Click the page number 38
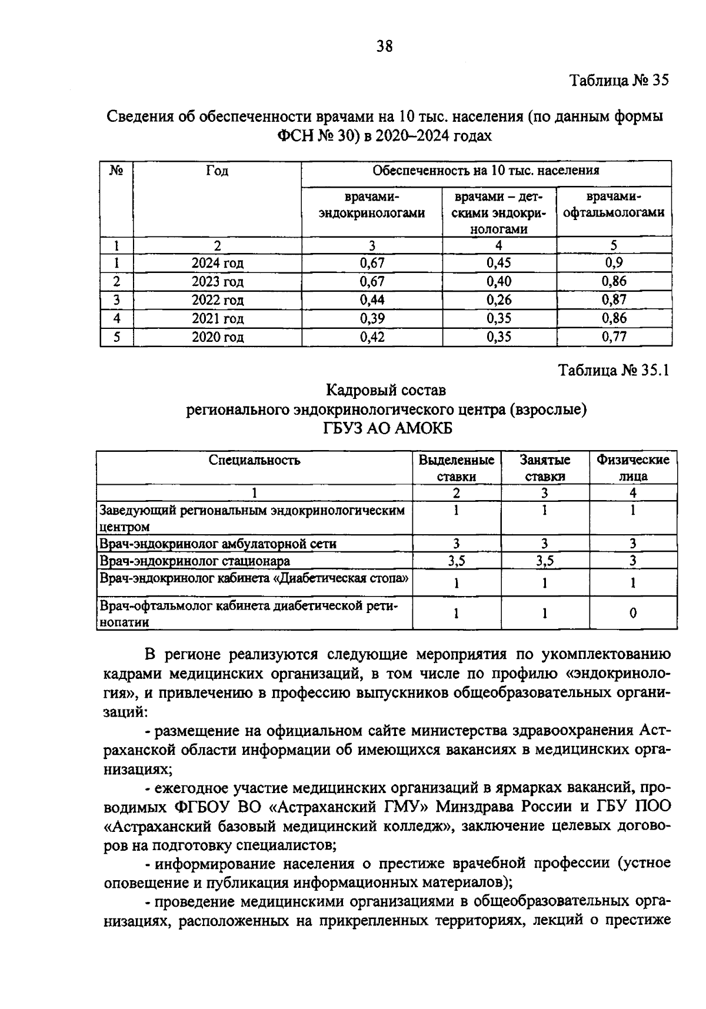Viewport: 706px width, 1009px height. (384, 46)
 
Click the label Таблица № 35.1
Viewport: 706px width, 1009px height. (614, 371)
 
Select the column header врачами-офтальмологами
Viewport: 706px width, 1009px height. (614, 204)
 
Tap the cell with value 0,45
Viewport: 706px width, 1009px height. (499, 263)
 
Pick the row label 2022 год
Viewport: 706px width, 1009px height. (217, 300)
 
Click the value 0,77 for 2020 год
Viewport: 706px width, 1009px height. (614, 337)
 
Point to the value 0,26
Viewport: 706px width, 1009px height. (499, 300)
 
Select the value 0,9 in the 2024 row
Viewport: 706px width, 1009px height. (614, 263)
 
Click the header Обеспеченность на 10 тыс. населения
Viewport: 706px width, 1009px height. (486, 171)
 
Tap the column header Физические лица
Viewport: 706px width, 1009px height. (632, 468)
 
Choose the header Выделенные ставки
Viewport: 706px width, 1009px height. (456, 468)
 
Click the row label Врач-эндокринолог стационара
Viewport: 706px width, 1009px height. (195, 561)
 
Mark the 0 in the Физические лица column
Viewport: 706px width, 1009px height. (632, 614)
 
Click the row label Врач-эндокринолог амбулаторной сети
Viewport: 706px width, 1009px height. (218, 544)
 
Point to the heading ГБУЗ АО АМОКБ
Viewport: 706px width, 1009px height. (387, 429)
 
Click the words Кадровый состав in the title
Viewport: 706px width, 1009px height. (387, 390)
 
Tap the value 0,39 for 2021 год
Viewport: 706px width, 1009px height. (372, 319)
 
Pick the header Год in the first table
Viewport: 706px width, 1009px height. (217, 171)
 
